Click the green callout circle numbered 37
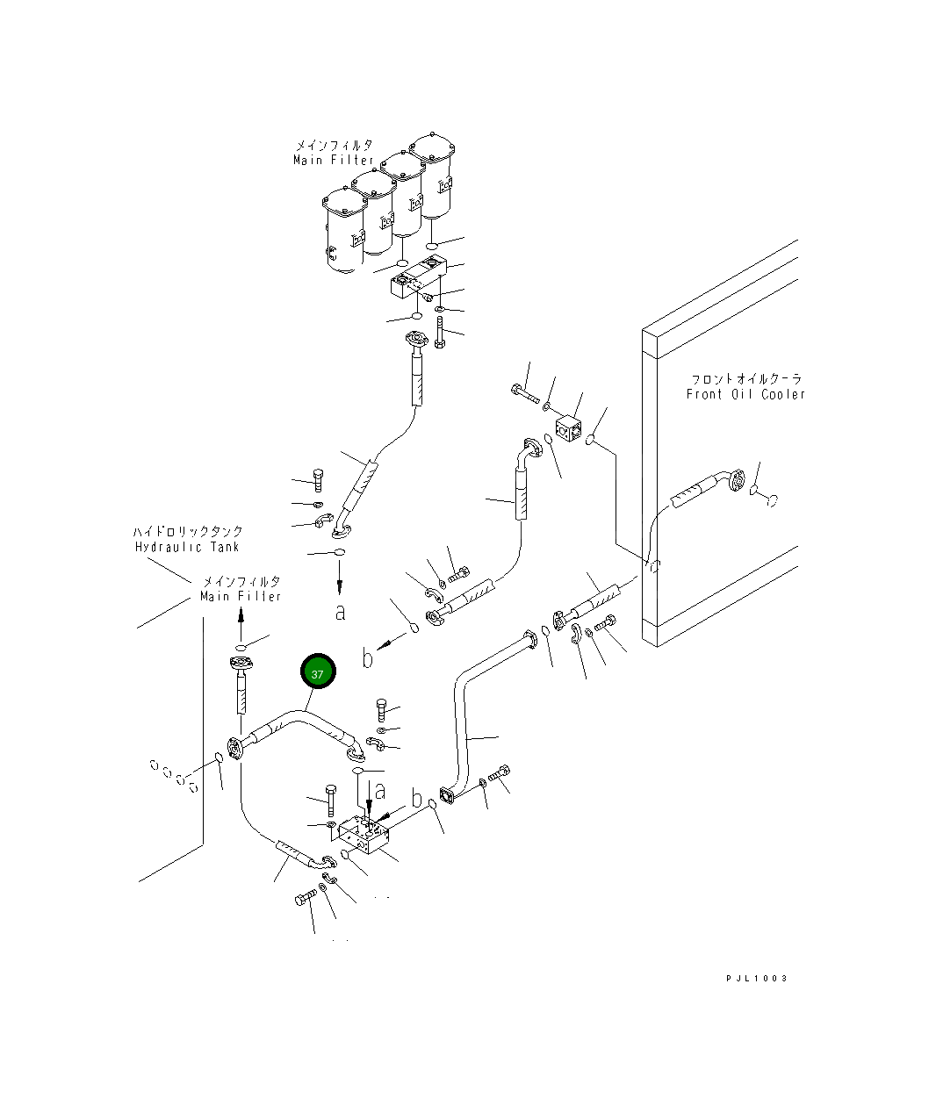[x=318, y=671]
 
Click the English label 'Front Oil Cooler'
[x=745, y=394]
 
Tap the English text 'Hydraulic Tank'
[x=187, y=547]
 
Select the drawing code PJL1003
[x=757, y=978]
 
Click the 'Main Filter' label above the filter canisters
[x=334, y=160]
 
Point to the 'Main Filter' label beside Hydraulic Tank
[x=241, y=596]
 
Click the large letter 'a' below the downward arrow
[x=341, y=613]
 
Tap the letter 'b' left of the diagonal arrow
[x=368, y=657]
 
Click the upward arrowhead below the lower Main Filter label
[x=241, y=617]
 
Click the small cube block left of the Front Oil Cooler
[x=568, y=429]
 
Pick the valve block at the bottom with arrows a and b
[x=364, y=837]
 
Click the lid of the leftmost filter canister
[x=345, y=201]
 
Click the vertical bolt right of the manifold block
[x=440, y=333]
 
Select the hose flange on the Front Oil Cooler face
[x=737, y=480]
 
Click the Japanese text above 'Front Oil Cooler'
[x=746, y=379]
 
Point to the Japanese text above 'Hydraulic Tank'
[x=187, y=531]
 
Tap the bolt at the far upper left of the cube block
[x=525, y=394]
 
